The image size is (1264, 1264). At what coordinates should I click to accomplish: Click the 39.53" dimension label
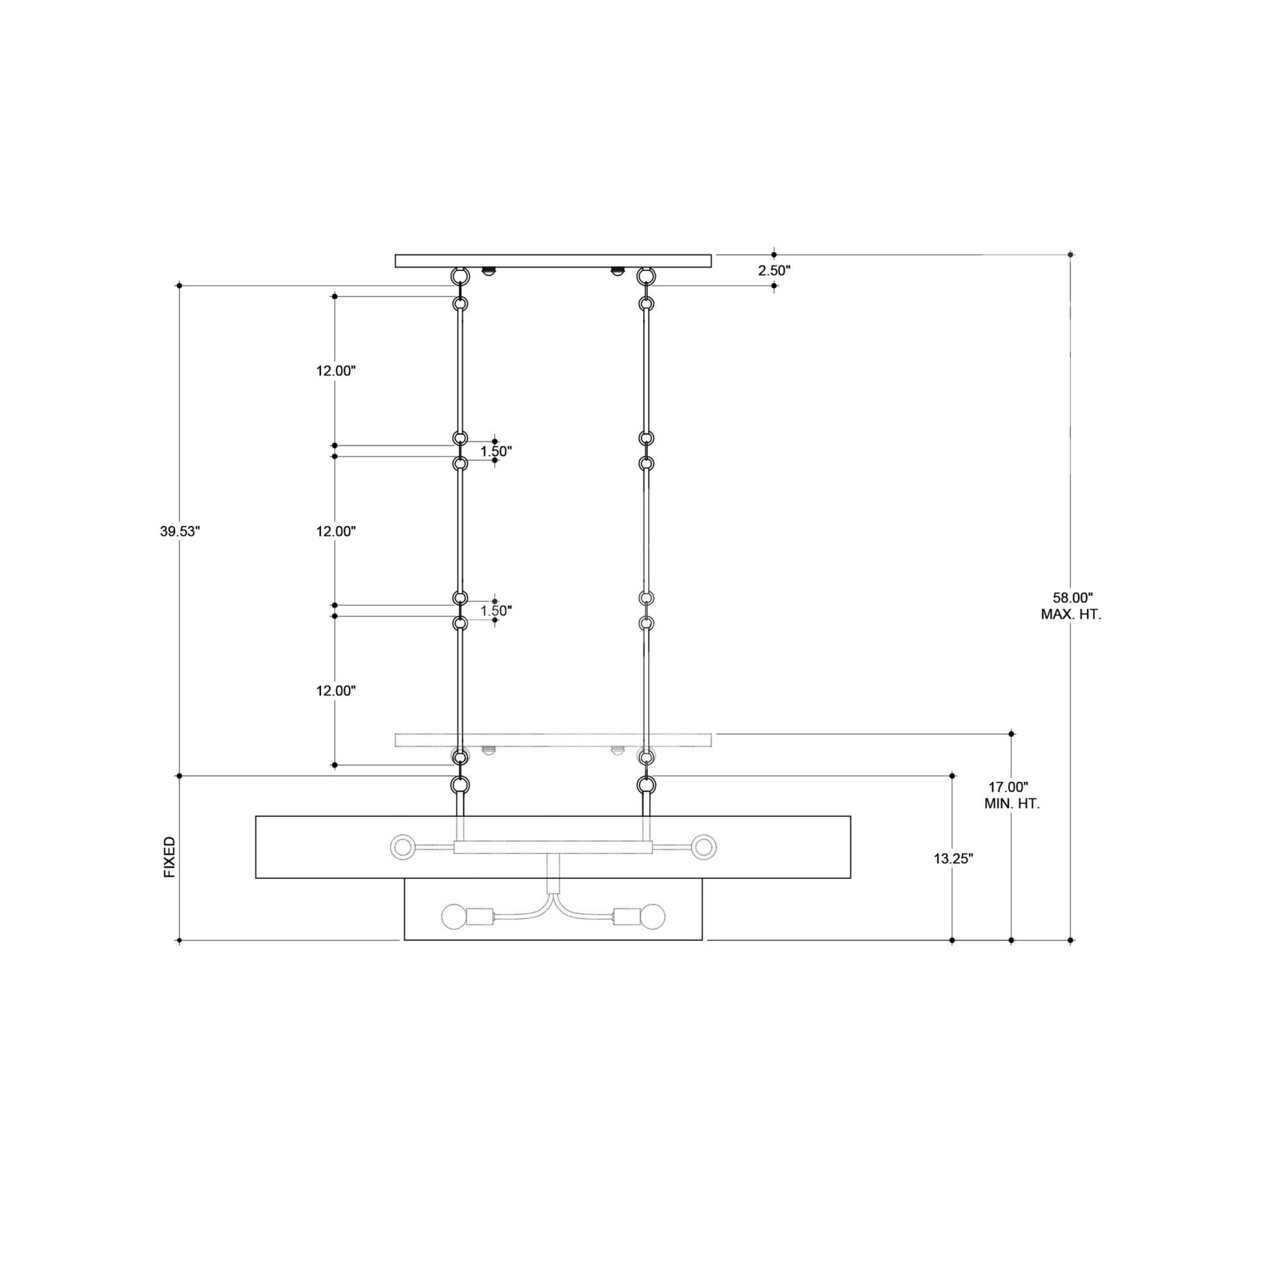(179, 532)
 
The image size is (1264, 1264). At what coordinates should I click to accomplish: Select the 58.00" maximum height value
(1073, 597)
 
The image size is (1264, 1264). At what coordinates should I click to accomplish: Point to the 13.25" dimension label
(953, 859)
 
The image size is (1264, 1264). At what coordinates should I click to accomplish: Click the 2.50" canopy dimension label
(775, 270)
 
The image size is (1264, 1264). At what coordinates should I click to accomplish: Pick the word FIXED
(170, 856)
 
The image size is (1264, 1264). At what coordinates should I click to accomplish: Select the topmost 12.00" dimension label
(336, 371)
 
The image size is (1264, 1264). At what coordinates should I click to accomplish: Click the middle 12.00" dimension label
(336, 532)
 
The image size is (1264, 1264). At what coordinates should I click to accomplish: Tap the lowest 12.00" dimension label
(336, 690)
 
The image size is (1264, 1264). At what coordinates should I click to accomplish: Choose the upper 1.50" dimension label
(496, 451)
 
